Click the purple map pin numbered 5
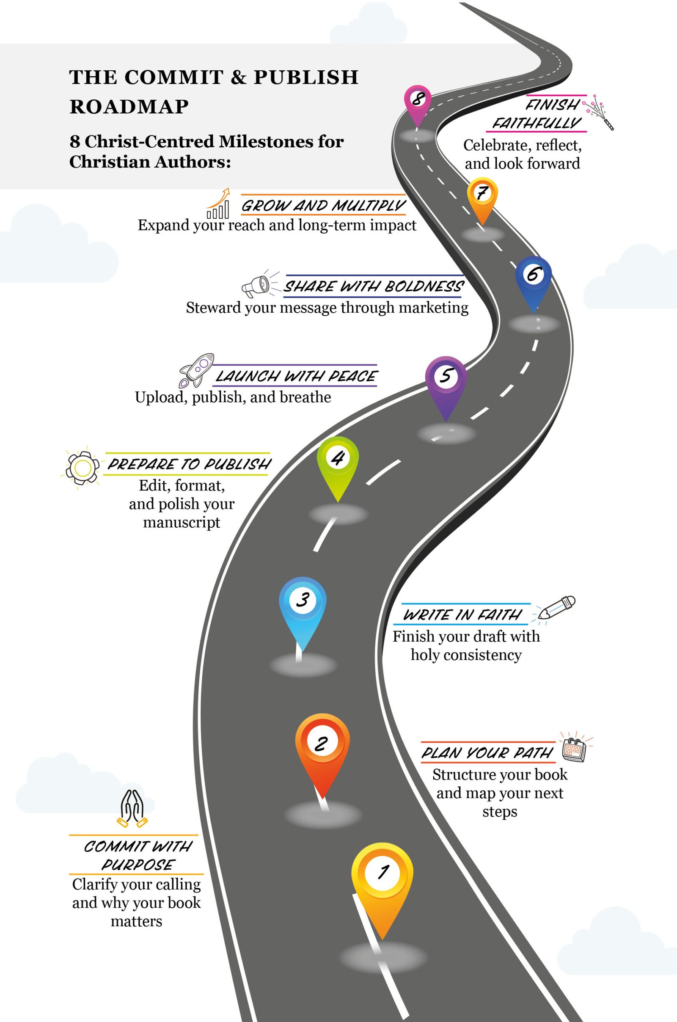(x=446, y=380)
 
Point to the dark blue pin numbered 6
(x=533, y=278)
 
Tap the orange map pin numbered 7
(x=482, y=196)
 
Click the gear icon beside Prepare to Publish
(x=82, y=467)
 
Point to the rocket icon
(x=197, y=369)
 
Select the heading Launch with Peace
(x=296, y=376)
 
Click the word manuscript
(x=182, y=523)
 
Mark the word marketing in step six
(x=433, y=308)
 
